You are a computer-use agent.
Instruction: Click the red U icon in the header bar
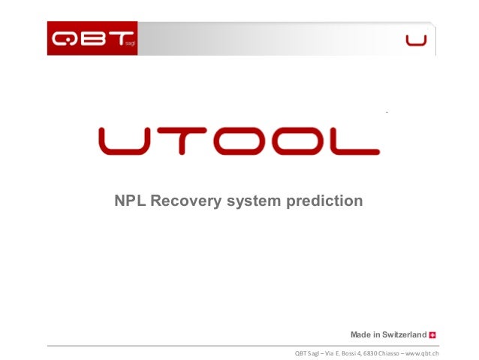(x=416, y=40)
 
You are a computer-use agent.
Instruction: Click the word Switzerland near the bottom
(x=401, y=334)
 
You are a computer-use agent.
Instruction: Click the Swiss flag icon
(x=434, y=334)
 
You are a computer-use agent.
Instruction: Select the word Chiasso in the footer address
(x=383, y=353)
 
